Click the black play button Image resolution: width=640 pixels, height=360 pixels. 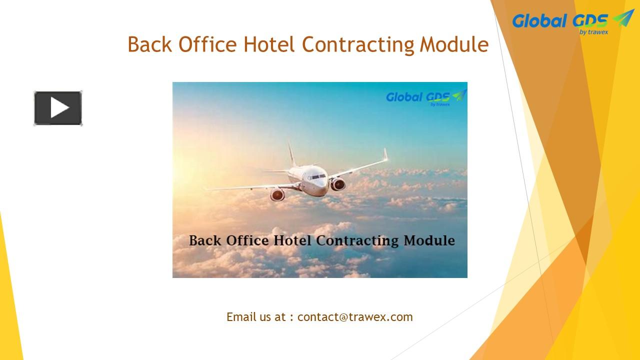point(58,108)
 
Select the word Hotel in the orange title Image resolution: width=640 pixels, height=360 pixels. point(270,44)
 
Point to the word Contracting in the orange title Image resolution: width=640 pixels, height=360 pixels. point(358,45)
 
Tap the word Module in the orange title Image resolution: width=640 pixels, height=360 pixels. point(454,44)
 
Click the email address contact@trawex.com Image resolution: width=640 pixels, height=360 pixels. point(355,317)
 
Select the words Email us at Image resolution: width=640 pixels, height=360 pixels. point(256,317)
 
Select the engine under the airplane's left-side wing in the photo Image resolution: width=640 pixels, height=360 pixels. point(277,194)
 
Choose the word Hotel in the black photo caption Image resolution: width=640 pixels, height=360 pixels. point(294,240)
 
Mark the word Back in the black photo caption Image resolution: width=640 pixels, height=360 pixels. point(205,240)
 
